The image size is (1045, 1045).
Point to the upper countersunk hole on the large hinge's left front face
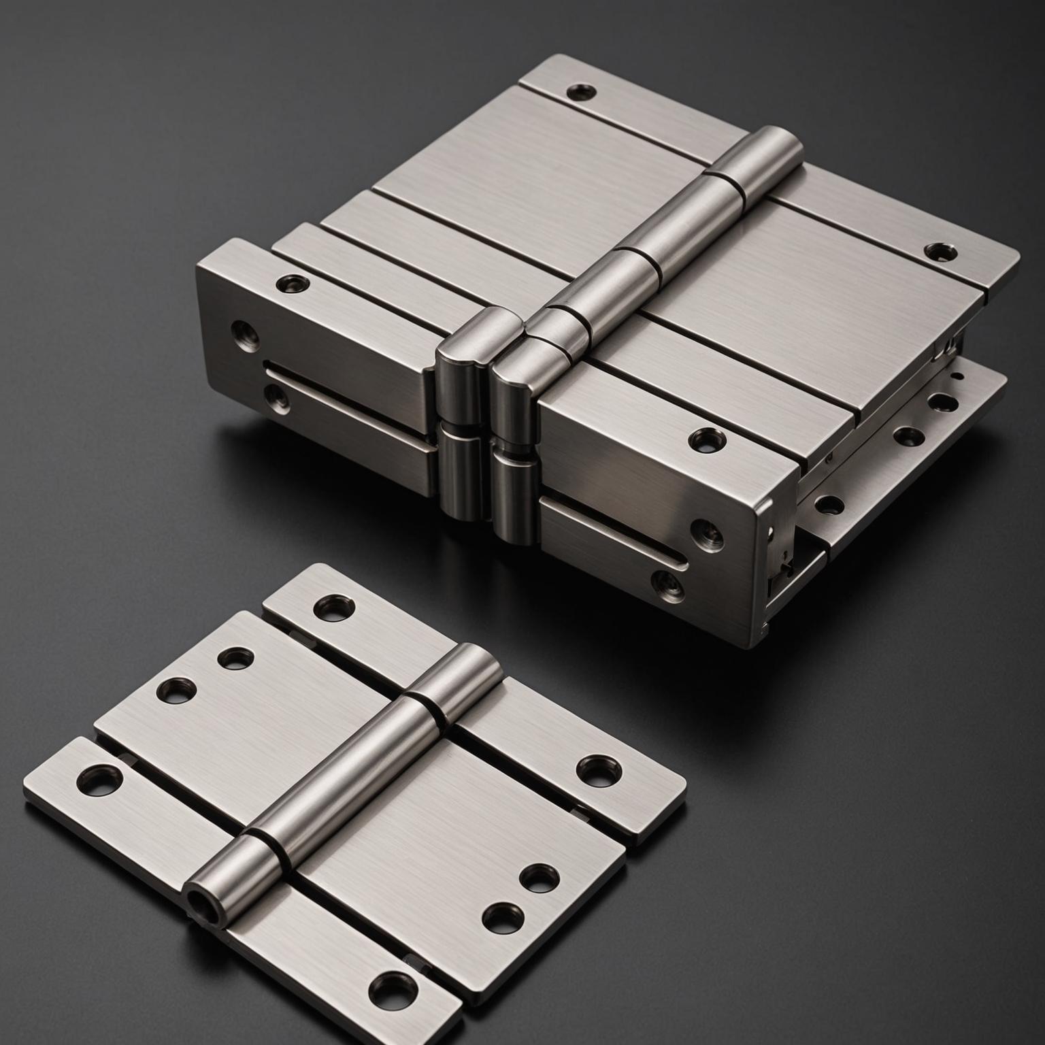click(x=242, y=332)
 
